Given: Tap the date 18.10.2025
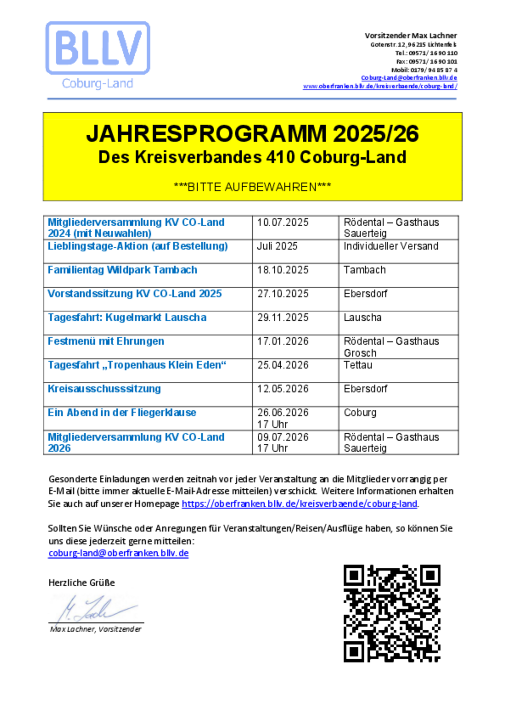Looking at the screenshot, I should tap(282, 270).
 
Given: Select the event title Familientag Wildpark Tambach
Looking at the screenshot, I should tap(122, 270).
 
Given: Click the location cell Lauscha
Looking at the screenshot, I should tap(362, 318).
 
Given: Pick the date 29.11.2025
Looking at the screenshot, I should tap(282, 318).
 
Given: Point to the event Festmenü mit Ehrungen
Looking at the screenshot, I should tap(106, 341).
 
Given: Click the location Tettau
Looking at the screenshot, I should tap(358, 365).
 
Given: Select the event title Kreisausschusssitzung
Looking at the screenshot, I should tap(104, 389).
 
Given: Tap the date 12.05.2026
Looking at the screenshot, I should tap(282, 389).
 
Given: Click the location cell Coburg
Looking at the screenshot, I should tap(360, 413).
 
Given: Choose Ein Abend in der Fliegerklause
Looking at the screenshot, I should tap(122, 413).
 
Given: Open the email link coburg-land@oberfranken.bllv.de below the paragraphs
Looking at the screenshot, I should tap(118, 553).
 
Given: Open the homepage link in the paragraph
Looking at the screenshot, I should tap(299, 504).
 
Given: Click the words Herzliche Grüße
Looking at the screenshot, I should tap(82, 583).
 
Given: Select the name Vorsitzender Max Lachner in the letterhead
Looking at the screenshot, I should tap(410, 36).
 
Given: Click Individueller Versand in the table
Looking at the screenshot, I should tap(391, 246).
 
